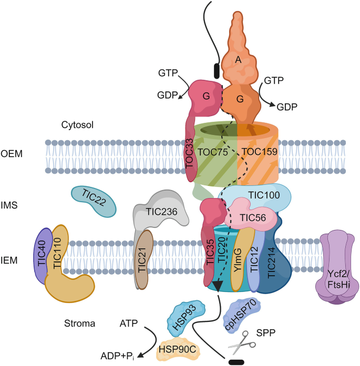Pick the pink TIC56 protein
(246, 215)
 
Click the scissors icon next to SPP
(241, 343)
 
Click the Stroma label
(80, 323)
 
